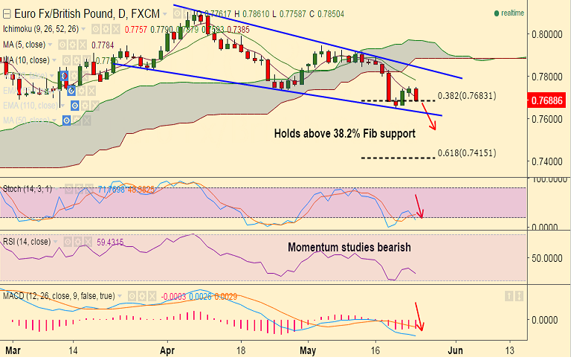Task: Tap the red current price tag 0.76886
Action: tap(549, 99)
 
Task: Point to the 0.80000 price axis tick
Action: tap(549, 34)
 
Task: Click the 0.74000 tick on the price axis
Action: tap(549, 161)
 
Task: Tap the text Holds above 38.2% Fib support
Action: tap(344, 134)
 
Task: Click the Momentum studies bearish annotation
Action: tap(349, 247)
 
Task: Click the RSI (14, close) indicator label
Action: tap(28, 242)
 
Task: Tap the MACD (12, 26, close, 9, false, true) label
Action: tap(59, 296)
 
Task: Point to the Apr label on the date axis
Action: tap(167, 348)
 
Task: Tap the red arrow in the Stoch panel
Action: tap(419, 205)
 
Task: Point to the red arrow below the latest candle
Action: tap(429, 116)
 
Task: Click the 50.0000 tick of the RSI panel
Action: tap(549, 257)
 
